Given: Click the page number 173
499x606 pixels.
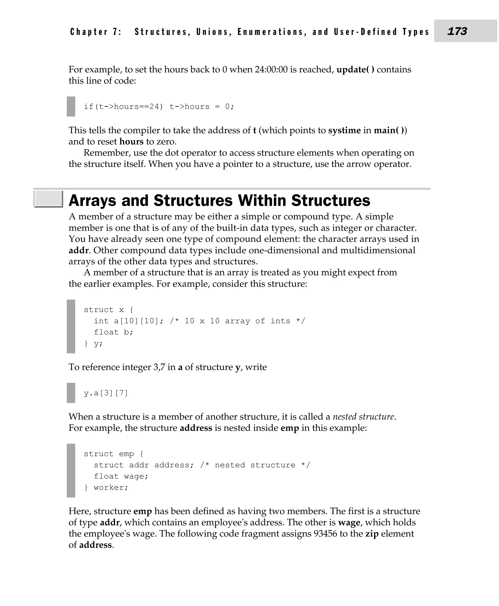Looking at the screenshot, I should click(457, 31).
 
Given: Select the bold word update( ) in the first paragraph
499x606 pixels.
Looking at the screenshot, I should click(355, 70).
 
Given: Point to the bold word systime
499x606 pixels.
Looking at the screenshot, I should click(344, 131).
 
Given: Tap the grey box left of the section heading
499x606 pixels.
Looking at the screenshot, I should click(48, 199).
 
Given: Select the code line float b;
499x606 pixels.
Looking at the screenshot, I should click(114, 332).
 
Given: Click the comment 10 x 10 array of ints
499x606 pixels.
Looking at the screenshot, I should click(237, 321).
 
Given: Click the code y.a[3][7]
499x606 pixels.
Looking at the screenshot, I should click(106, 393).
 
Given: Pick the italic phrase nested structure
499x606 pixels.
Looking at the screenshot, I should click(363, 417).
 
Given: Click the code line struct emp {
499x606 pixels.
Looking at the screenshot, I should click(114, 454).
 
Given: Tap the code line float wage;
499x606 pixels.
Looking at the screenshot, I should click(121, 476).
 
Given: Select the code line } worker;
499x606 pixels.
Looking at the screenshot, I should click(106, 488).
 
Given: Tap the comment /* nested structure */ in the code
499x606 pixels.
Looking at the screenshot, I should click(255, 465).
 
